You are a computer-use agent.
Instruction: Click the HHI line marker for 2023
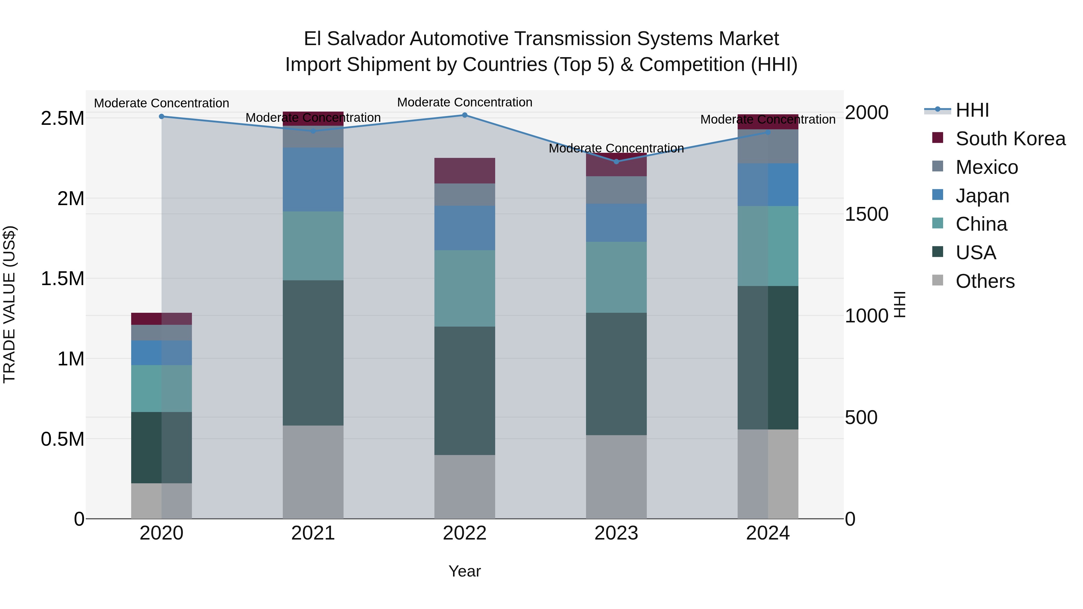pyautogui.click(x=616, y=161)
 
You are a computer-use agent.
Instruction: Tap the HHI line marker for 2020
pyautogui.click(x=162, y=116)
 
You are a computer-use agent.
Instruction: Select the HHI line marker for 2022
pyautogui.click(x=464, y=115)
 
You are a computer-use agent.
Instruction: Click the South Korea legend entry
pyautogui.click(x=1010, y=139)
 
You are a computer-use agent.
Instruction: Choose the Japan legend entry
pyautogui.click(x=982, y=196)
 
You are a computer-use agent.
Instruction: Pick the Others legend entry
pyautogui.click(x=985, y=281)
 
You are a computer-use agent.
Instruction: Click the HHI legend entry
pyautogui.click(x=972, y=110)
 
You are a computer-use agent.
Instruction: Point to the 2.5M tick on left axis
pyautogui.click(x=62, y=118)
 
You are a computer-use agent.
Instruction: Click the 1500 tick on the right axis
pyautogui.click(x=866, y=214)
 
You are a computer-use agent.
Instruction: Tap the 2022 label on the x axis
pyautogui.click(x=464, y=533)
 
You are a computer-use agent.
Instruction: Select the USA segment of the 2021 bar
pyautogui.click(x=313, y=353)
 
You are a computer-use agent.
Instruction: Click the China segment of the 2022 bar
pyautogui.click(x=464, y=288)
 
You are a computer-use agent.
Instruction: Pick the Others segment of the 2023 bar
pyautogui.click(x=616, y=477)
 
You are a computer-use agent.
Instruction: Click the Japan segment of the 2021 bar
pyautogui.click(x=313, y=180)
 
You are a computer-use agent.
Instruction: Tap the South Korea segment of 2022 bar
pyautogui.click(x=464, y=171)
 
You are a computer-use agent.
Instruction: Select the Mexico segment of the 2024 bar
pyautogui.click(x=768, y=146)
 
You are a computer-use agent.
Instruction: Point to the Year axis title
pyautogui.click(x=464, y=571)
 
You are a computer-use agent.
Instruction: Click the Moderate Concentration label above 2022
pyautogui.click(x=464, y=102)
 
